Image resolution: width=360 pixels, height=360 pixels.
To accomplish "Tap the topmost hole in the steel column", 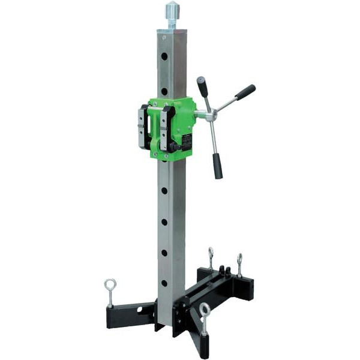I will point(164,56).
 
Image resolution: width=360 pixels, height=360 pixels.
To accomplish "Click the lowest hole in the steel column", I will point(164,283).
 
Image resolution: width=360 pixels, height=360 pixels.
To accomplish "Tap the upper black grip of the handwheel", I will point(203,86).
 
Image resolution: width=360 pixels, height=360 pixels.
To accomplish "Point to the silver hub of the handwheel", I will point(209,116).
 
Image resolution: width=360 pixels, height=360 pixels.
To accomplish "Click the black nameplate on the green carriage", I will point(187,143).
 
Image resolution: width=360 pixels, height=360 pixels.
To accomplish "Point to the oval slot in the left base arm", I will point(140,310).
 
